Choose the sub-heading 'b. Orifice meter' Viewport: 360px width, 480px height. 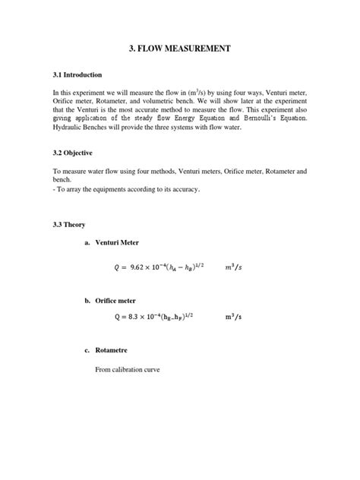(113, 301)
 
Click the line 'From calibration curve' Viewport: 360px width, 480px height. (128, 370)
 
